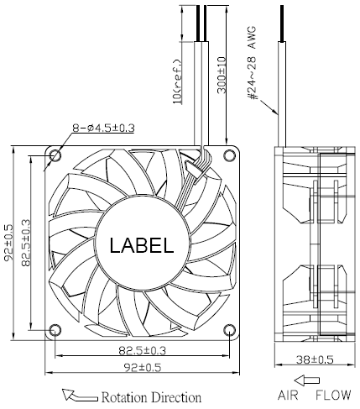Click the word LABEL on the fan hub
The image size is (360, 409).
point(142,245)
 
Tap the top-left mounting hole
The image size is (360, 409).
point(55,155)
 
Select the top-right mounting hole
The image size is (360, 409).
point(229,155)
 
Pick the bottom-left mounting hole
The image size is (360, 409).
point(55,330)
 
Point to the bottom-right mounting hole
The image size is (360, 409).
point(229,330)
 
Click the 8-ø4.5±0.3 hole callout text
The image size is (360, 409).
point(103,128)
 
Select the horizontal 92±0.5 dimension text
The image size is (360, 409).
point(143,367)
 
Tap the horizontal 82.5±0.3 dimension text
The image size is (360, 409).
point(143,350)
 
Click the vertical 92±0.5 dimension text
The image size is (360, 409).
point(9,243)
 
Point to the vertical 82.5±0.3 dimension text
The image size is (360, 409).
point(26,243)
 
